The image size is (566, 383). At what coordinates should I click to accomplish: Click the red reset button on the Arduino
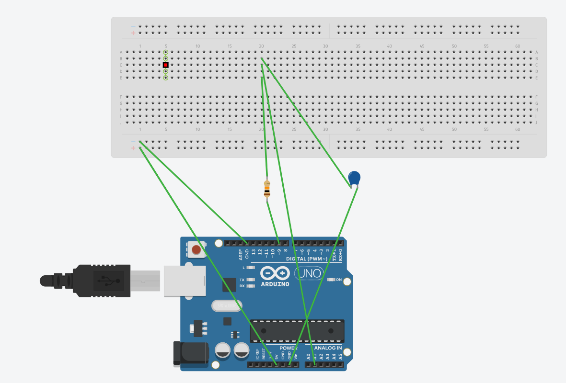(196, 249)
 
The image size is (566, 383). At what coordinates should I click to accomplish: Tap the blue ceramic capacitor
(354, 178)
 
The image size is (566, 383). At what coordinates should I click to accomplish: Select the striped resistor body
(267, 189)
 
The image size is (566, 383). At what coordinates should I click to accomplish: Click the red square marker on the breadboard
(165, 65)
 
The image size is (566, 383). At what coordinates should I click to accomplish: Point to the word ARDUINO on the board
(275, 284)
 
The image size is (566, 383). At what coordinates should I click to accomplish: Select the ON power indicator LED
(330, 280)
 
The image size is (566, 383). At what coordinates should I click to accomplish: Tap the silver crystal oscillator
(227, 305)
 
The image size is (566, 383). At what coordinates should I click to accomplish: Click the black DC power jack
(191, 354)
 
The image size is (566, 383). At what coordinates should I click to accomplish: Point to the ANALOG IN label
(328, 348)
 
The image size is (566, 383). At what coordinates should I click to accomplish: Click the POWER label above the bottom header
(289, 348)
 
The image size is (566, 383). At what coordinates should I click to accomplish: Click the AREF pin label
(241, 254)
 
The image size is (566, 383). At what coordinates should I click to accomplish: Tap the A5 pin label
(341, 356)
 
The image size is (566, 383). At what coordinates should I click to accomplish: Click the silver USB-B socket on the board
(185, 281)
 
